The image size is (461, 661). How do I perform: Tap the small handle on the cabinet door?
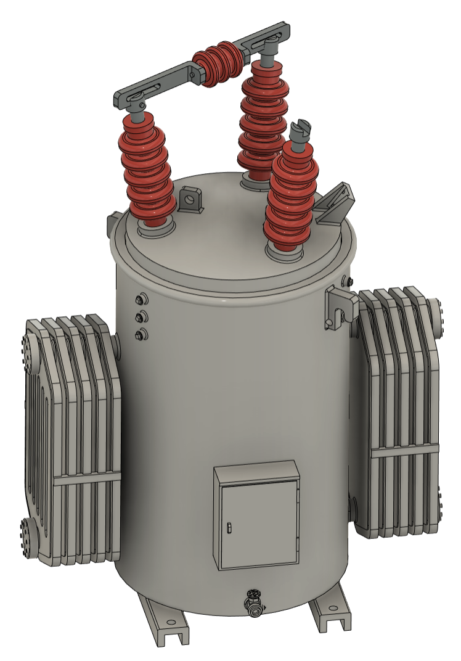(229, 527)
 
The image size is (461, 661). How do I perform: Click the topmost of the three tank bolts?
(141, 300)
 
